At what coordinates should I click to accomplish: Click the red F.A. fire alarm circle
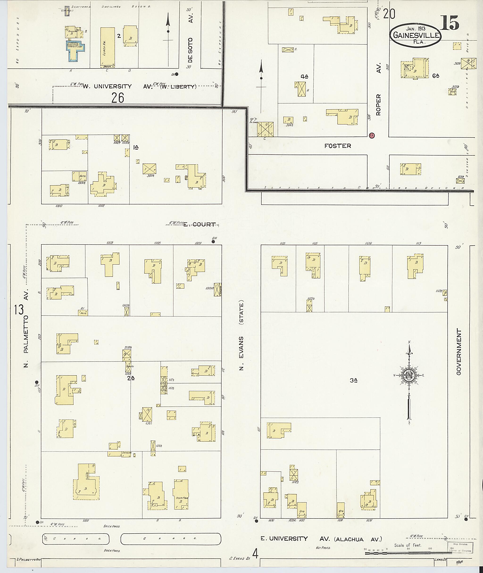tap(371, 135)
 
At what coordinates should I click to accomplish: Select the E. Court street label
tap(199, 225)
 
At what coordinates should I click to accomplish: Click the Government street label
tap(459, 352)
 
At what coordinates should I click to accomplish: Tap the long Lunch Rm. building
tap(107, 47)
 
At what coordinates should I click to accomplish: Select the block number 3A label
tap(354, 380)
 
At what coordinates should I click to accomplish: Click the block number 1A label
tap(136, 147)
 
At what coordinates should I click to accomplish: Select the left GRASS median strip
tap(75, 539)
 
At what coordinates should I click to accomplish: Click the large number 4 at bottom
tap(255, 554)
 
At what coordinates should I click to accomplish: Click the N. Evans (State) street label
tap(241, 336)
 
